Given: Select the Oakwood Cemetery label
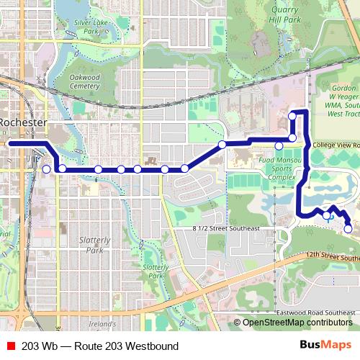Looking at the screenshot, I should click(85, 81).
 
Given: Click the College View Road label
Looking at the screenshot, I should click(336, 145).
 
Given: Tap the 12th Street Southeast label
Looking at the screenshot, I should click(331, 256).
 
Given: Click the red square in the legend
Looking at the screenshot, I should click(10, 346).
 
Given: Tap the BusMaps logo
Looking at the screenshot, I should click(325, 346).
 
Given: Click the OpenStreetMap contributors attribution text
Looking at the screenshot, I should click(297, 323).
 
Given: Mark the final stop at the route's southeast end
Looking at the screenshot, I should click(348, 229).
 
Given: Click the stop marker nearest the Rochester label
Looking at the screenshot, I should click(47, 169).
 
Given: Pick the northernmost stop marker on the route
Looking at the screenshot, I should click(292, 116).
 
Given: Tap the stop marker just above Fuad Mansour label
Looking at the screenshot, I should click(279, 146).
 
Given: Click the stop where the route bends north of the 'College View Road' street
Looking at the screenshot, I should click(292, 138).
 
